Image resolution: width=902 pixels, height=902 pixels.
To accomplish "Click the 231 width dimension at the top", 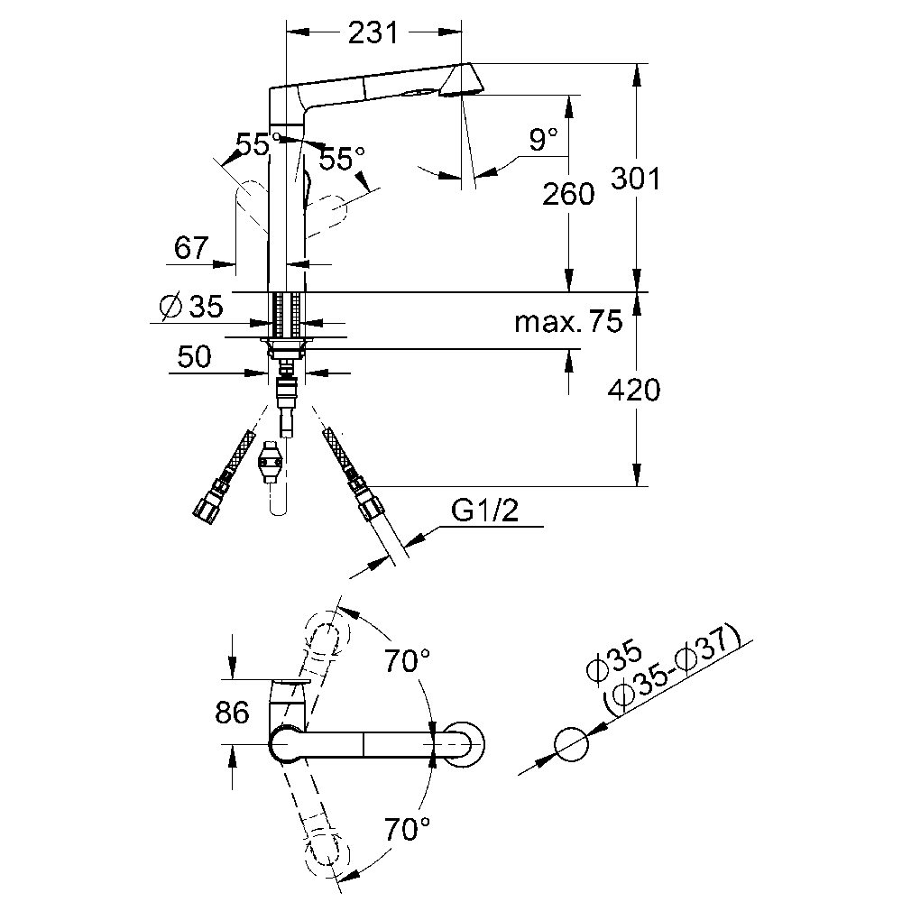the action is (x=373, y=33).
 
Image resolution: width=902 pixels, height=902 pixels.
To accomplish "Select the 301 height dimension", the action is (x=635, y=179).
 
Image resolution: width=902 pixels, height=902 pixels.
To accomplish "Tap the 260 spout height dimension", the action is (x=567, y=194).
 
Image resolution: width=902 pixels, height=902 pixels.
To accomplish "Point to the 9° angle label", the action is (x=543, y=140).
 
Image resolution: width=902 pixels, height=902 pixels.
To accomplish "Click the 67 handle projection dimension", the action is (x=191, y=248).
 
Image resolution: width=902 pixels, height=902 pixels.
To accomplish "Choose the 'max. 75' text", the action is (x=568, y=322).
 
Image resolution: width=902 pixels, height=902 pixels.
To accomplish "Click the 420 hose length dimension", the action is (x=634, y=390).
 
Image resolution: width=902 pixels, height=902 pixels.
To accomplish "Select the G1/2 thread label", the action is (x=484, y=510).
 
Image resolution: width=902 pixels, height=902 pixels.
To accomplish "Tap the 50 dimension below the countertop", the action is (x=195, y=356).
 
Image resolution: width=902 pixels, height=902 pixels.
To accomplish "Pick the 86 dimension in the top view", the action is (x=233, y=713).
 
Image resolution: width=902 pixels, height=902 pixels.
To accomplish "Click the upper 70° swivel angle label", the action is (x=408, y=661).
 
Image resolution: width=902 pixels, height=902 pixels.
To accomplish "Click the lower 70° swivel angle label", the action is (x=408, y=830).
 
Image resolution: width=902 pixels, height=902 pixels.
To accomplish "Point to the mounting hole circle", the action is (x=572, y=744).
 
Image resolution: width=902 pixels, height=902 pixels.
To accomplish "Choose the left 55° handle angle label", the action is (x=253, y=144).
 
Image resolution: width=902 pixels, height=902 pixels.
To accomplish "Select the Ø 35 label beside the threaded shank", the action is (x=191, y=306).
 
